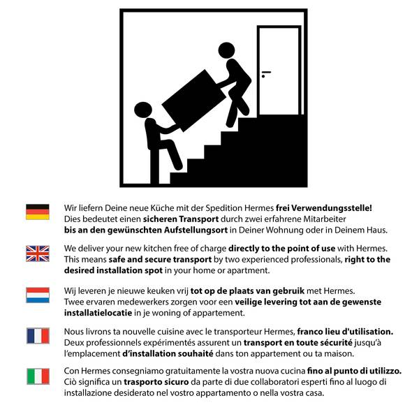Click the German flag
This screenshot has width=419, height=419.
(x=38, y=212)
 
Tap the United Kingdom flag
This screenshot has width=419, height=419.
(x=38, y=253)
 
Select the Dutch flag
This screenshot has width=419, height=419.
(x=38, y=295)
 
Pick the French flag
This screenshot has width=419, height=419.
(x=38, y=336)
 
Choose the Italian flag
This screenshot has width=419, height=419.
(x=38, y=376)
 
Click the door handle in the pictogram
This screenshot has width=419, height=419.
(x=265, y=72)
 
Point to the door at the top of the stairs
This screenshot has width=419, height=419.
(x=279, y=70)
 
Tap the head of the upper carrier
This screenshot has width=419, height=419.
(x=226, y=50)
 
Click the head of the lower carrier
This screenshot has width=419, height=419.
(x=143, y=110)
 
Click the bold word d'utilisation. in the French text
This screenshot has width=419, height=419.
(x=362, y=331)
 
